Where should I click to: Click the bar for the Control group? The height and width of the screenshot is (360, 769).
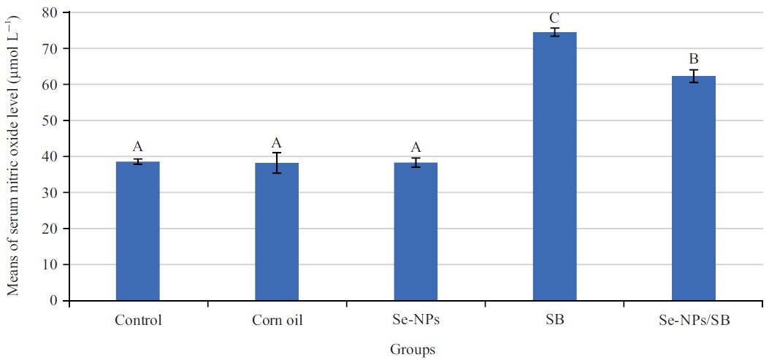coord(137,231)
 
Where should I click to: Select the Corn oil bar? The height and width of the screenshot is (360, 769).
coord(277,231)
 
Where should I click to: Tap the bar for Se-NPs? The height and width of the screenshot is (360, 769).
coord(416,231)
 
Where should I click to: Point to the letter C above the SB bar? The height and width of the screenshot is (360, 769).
coord(555,18)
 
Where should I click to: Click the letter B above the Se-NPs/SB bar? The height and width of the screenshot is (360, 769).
coord(694,58)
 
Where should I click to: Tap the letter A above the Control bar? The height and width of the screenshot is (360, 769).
coord(137,147)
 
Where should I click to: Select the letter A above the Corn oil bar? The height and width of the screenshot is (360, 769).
coord(277,142)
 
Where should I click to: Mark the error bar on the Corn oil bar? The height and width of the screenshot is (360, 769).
coord(277,163)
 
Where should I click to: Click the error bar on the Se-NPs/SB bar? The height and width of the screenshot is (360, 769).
coord(694,76)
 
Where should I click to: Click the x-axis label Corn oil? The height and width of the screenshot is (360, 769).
coord(277,320)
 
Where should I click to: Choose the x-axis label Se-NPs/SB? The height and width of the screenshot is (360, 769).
coord(694,320)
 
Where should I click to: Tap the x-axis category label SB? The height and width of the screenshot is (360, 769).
coord(555,320)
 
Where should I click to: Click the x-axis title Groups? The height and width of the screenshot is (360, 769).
coord(413,350)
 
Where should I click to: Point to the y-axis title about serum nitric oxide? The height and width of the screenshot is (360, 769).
coord(13,156)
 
